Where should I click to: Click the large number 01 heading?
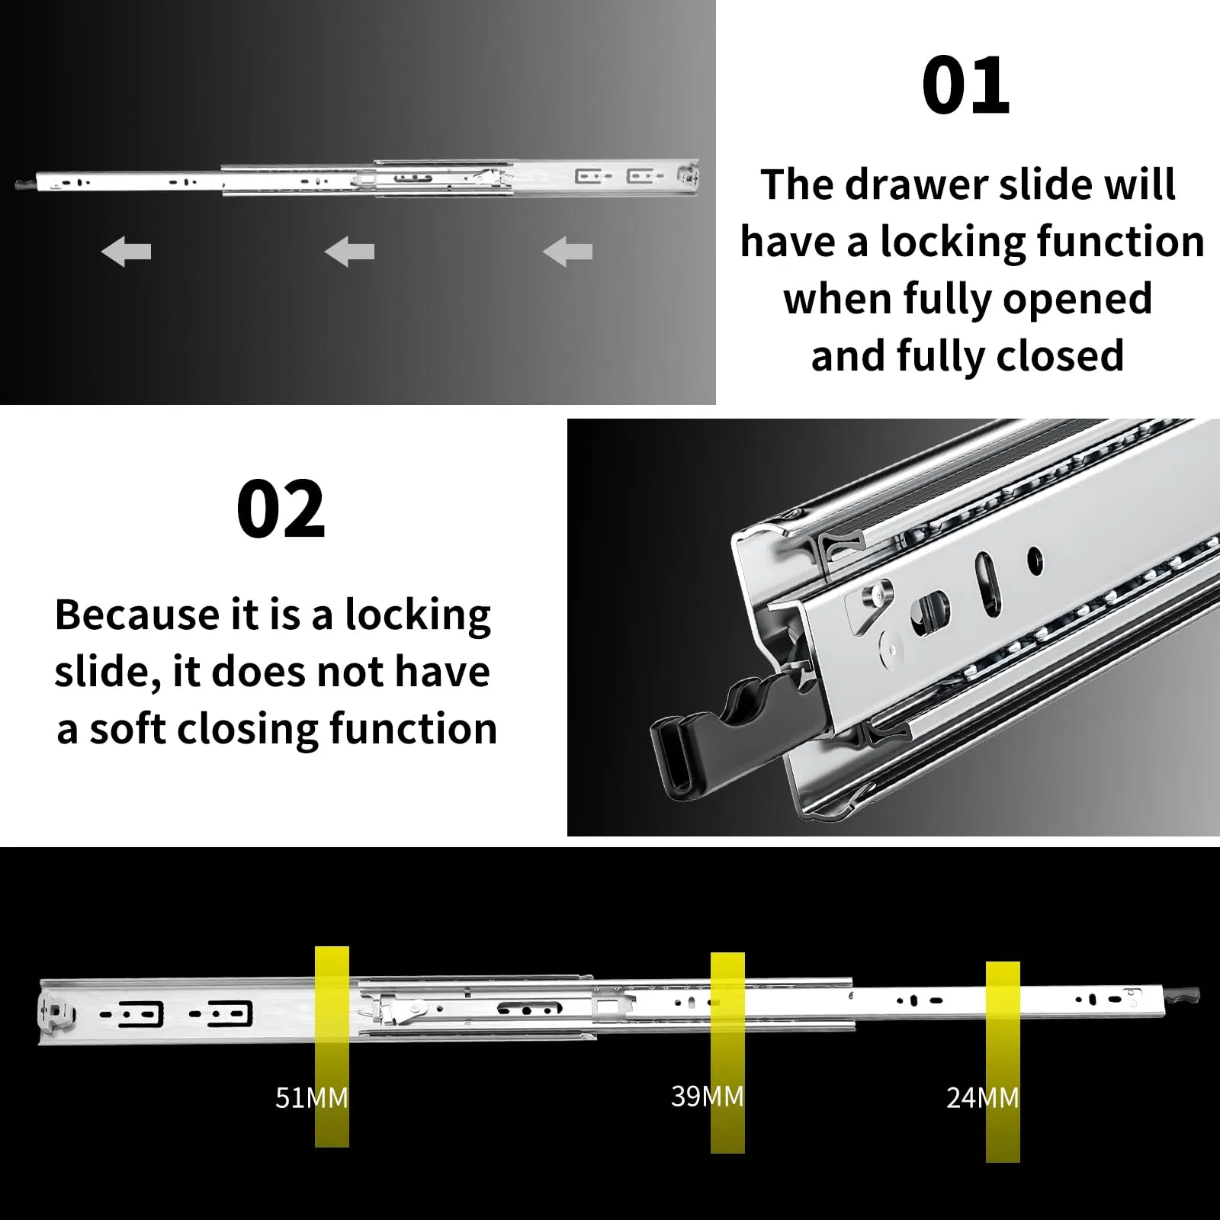(x=965, y=85)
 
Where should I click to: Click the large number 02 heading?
(x=281, y=509)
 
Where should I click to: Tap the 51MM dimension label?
(x=312, y=1098)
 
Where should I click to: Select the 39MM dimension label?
(x=708, y=1096)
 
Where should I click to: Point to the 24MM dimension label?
(x=983, y=1098)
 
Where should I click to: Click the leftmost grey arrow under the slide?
(x=126, y=252)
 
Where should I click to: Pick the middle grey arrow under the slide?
(x=349, y=252)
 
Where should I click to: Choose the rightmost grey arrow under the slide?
(x=567, y=252)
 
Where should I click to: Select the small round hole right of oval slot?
(x=1035, y=561)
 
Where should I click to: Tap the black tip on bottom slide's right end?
(x=1189, y=995)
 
